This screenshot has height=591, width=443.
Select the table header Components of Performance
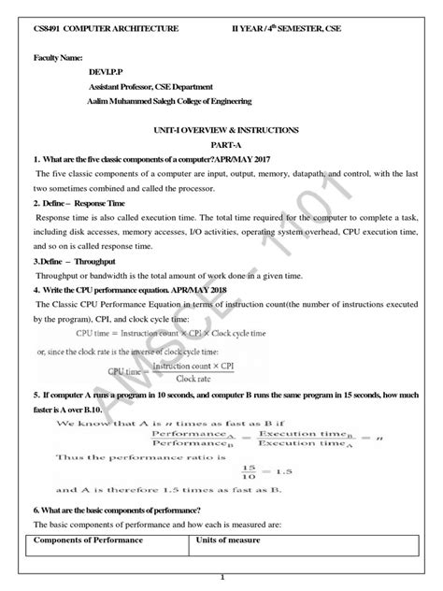(86, 541)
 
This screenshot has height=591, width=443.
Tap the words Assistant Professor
(120, 98)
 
